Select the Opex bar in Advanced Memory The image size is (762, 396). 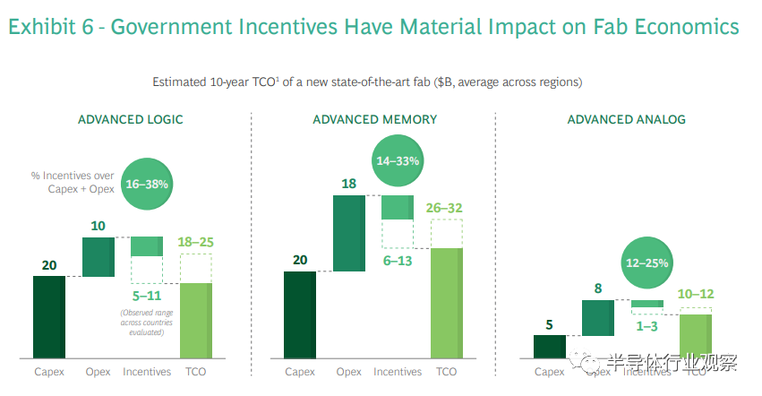348,233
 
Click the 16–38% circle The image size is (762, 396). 147,183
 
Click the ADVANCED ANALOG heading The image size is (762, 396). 626,119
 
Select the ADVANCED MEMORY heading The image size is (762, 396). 374,119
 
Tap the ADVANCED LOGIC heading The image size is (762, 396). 131,119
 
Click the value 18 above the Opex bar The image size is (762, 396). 348,184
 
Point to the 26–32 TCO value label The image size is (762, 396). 446,208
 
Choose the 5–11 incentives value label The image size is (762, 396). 147,295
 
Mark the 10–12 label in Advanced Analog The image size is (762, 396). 695,295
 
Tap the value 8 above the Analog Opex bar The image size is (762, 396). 598,288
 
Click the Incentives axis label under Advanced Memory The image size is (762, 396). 398,372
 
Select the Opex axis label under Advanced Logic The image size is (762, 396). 98,372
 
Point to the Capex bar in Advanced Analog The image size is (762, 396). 549,345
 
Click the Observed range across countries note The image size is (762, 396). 147,322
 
